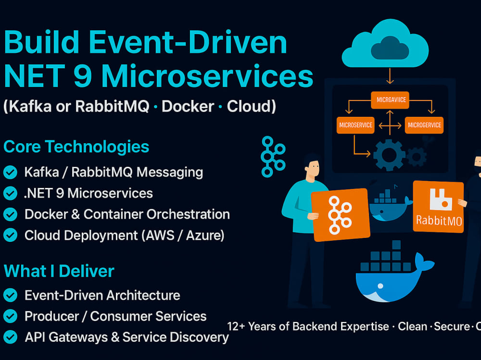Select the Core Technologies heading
76,147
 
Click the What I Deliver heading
59,271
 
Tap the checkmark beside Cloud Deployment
10,235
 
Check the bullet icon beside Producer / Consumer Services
10,316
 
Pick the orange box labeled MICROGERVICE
424,125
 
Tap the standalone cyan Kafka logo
272,156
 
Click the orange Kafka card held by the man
340,214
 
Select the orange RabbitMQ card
438,206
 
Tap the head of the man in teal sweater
312,167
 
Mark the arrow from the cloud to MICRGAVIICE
390,77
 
